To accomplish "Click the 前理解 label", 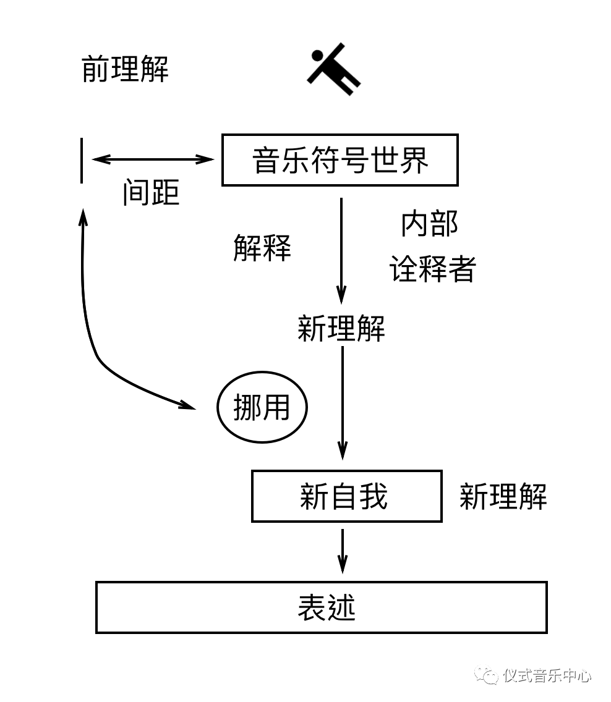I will pyautogui.click(x=125, y=69).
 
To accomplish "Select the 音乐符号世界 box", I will pyautogui.click(x=340, y=160).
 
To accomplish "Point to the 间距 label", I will pyautogui.click(x=151, y=193).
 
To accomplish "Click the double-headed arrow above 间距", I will pyautogui.click(x=153, y=159).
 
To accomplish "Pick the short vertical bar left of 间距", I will pyautogui.click(x=82, y=161).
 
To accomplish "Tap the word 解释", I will pyautogui.click(x=262, y=248).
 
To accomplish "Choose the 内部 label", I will pyautogui.click(x=430, y=224).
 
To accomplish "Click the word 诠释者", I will pyautogui.click(x=432, y=269).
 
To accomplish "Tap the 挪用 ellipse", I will pyautogui.click(x=262, y=408).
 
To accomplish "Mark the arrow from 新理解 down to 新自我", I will pyautogui.click(x=342, y=402).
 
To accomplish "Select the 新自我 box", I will pyautogui.click(x=346, y=496).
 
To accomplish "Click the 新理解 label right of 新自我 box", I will pyautogui.click(x=503, y=496).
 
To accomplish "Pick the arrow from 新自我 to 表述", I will pyautogui.click(x=342, y=550).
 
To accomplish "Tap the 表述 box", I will pyautogui.click(x=322, y=607).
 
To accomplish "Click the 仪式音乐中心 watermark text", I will pyautogui.click(x=547, y=675).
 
